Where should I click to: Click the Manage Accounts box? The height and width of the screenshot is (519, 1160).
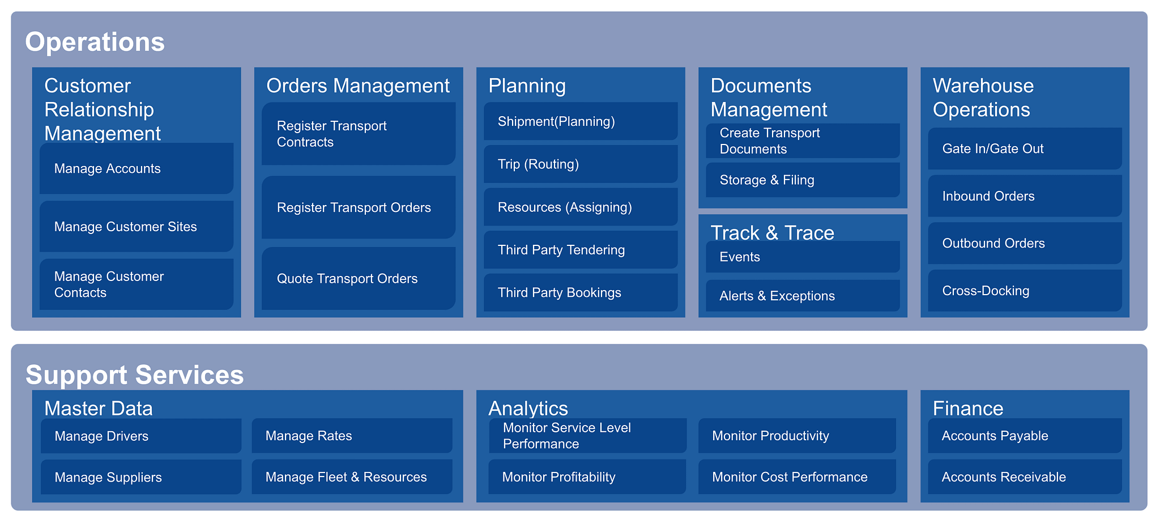pyautogui.click(x=137, y=168)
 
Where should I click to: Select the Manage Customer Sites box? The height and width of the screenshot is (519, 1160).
pyautogui.click(x=137, y=227)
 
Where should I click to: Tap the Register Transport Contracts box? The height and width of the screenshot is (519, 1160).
pyautogui.click(x=359, y=134)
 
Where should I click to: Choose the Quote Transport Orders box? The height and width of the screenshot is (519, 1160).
pyautogui.click(x=359, y=278)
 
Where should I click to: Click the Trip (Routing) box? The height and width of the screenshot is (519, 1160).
pyautogui.click(x=581, y=164)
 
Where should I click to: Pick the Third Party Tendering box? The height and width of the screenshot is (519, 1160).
pyautogui.click(x=581, y=249)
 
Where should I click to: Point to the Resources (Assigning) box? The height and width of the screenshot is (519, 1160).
pyautogui.click(x=581, y=207)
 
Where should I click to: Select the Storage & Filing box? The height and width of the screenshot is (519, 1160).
pyautogui.click(x=803, y=180)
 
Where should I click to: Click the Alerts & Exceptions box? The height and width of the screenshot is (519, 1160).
pyautogui.click(x=803, y=295)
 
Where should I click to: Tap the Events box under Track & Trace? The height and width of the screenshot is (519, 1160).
pyautogui.click(x=803, y=257)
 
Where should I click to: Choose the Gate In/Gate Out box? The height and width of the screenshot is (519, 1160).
pyautogui.click(x=1025, y=148)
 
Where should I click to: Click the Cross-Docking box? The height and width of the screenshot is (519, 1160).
pyautogui.click(x=1025, y=291)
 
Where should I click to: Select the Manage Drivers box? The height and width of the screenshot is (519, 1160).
pyautogui.click(x=141, y=436)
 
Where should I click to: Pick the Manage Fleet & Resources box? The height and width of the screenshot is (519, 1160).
pyautogui.click(x=352, y=477)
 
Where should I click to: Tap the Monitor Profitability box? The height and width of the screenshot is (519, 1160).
pyautogui.click(x=587, y=477)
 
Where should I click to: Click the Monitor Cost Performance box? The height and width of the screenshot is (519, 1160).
pyautogui.click(x=797, y=477)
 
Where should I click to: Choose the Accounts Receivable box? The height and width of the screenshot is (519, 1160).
pyautogui.click(x=1025, y=477)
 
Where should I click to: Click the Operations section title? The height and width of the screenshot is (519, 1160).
pyautogui.click(x=95, y=42)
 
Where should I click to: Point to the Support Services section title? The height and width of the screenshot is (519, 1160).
pyautogui.click(x=135, y=375)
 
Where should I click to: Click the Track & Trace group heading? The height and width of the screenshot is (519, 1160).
pyautogui.click(x=772, y=233)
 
